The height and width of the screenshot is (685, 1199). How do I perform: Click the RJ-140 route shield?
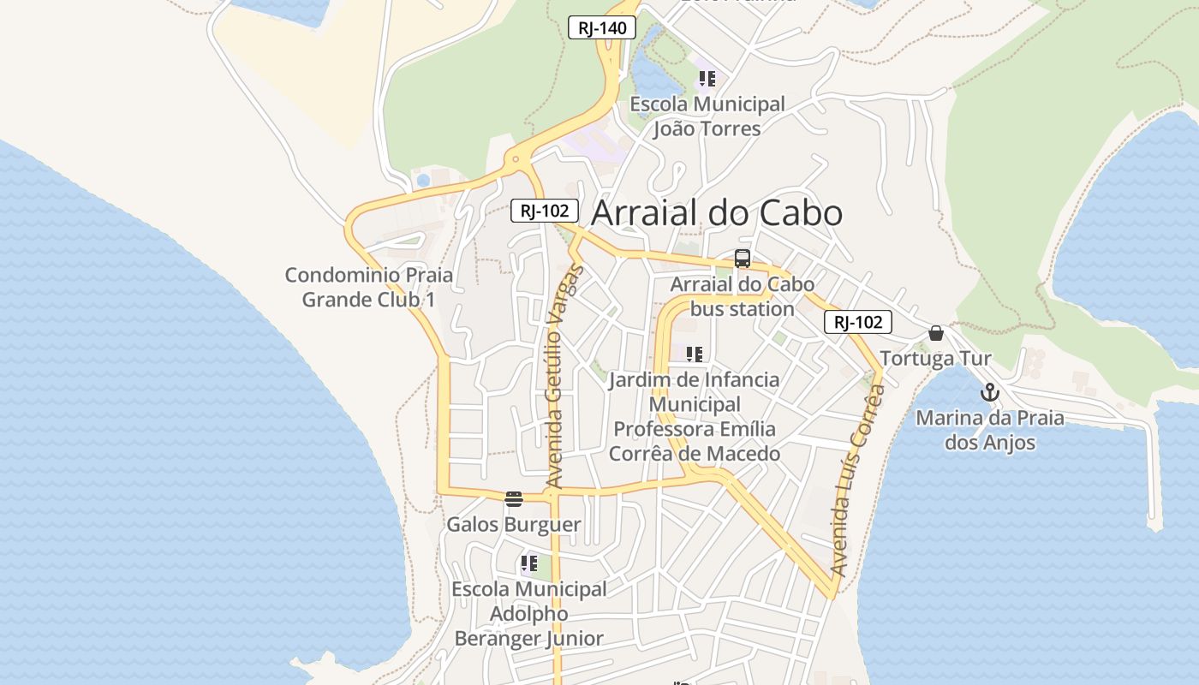point(602,27)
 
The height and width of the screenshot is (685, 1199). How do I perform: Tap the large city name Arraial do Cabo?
point(717,213)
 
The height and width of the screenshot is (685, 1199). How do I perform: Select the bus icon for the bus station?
point(743,259)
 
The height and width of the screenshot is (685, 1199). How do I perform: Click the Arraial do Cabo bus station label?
point(743,296)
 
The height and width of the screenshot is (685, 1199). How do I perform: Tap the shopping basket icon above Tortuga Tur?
point(936,333)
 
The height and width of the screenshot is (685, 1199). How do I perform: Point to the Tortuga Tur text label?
point(935,359)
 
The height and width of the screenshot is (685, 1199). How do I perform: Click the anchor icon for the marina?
point(990,393)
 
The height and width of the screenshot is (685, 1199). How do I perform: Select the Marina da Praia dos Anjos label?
point(990,431)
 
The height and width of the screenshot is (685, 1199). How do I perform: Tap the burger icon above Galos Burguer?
point(514,499)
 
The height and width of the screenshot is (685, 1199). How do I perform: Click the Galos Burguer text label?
point(514,524)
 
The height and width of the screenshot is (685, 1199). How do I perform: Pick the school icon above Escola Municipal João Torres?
point(707,80)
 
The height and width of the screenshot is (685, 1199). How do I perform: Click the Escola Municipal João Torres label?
point(707,116)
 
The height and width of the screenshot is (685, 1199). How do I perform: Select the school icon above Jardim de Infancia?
point(695,354)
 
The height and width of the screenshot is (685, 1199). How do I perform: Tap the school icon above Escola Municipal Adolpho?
point(529,564)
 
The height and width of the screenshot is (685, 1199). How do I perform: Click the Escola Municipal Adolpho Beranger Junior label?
point(529,614)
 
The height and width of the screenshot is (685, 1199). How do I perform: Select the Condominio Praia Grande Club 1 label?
point(369,288)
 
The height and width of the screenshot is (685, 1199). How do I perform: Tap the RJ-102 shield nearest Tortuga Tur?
point(858,322)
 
